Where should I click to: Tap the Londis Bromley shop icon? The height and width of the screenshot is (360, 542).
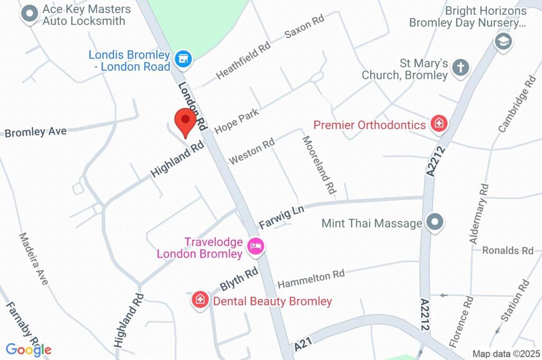184,60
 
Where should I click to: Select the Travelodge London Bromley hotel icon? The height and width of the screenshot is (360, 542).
256,246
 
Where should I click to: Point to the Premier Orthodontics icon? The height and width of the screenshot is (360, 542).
438,124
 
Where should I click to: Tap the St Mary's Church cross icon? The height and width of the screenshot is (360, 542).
461,68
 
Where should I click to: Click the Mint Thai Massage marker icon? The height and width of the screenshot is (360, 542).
435,223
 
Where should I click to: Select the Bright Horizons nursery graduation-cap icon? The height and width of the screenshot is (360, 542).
503,41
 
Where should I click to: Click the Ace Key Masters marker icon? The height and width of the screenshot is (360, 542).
30,14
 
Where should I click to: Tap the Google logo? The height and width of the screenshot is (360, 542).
29,349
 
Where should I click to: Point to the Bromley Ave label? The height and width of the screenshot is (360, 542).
35,131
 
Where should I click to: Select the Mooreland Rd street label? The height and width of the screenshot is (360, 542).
319,164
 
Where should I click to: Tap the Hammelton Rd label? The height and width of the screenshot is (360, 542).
311,277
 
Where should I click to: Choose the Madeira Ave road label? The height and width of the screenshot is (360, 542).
33,258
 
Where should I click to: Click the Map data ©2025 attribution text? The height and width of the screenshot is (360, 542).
506,354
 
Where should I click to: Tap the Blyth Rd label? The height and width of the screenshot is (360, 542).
239,278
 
